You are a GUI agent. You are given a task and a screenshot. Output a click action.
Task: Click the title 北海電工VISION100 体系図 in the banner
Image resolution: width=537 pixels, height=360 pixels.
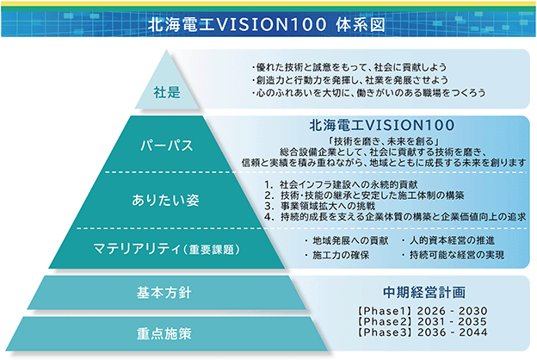pyautogui.click(x=267, y=25)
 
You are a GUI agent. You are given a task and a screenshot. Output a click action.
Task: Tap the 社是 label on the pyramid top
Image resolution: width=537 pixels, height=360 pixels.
pyautogui.click(x=167, y=92)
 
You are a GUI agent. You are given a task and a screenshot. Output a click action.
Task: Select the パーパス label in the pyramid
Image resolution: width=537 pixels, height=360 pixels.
pyautogui.click(x=167, y=146)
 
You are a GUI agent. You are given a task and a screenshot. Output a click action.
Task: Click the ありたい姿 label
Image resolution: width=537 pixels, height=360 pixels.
pyautogui.click(x=165, y=200)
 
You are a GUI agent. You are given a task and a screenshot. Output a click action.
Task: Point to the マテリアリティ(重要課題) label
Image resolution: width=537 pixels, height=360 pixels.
pyautogui.click(x=166, y=249)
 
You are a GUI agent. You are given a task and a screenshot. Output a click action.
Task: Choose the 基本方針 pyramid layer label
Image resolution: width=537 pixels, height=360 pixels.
pyautogui.click(x=164, y=293)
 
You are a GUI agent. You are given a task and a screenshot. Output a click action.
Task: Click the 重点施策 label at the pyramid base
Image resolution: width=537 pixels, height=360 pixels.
pyautogui.click(x=164, y=333)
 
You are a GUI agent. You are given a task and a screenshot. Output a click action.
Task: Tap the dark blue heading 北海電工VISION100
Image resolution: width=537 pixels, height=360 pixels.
pyautogui.click(x=382, y=125)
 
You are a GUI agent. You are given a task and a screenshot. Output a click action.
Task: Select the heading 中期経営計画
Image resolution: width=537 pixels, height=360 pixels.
pyautogui.click(x=424, y=292)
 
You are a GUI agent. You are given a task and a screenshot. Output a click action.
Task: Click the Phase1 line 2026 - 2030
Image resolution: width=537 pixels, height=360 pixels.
pyautogui.click(x=422, y=311)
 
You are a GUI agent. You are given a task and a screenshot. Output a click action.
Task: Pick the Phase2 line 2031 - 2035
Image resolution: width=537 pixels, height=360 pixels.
pyautogui.click(x=422, y=321)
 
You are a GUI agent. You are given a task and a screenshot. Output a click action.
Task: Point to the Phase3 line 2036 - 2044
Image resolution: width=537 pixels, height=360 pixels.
pyautogui.click(x=422, y=332)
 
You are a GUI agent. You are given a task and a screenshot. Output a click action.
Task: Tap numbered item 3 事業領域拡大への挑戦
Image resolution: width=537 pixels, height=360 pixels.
pyautogui.click(x=320, y=206)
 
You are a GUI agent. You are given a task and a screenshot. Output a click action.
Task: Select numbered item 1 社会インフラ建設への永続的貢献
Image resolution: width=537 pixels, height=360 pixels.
pyautogui.click(x=341, y=185)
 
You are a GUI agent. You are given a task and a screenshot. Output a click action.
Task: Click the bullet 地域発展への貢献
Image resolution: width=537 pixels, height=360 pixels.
pyautogui.click(x=347, y=240)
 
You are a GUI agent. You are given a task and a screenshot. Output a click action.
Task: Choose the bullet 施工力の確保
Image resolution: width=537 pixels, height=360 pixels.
pyautogui.click(x=337, y=255)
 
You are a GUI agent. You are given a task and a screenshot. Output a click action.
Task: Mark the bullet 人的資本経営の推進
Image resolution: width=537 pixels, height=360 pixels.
pyautogui.click(x=448, y=240)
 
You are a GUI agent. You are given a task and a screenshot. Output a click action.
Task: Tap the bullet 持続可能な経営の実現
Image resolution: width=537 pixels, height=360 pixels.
pyautogui.click(x=453, y=255)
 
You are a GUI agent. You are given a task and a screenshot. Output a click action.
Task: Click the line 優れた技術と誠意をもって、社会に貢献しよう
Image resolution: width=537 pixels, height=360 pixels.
pyautogui.click(x=349, y=67)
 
